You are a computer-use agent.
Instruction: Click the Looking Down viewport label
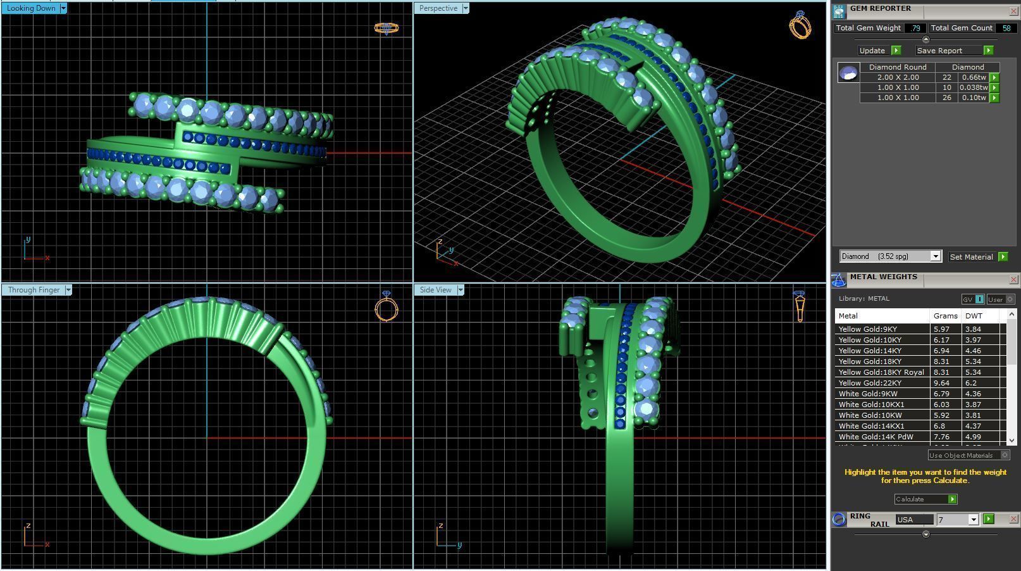click(30, 8)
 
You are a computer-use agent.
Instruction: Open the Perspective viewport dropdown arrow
click(466, 8)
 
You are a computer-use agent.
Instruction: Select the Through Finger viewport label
click(34, 290)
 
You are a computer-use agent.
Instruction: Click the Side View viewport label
click(435, 290)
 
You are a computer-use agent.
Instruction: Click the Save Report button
click(939, 51)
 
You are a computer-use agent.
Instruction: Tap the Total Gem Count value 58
click(1006, 28)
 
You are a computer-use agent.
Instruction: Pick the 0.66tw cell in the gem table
click(974, 77)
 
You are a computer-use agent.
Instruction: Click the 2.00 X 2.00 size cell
click(898, 77)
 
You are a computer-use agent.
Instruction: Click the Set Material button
click(971, 256)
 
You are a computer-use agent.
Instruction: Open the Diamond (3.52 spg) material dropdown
click(935, 256)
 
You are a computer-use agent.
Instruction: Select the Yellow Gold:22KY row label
click(870, 383)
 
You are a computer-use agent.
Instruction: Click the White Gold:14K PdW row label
click(876, 437)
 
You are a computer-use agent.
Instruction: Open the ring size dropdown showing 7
click(973, 520)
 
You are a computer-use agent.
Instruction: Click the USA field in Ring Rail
click(914, 520)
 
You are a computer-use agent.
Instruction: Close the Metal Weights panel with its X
click(1013, 279)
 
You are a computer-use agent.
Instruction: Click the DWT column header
click(974, 316)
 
